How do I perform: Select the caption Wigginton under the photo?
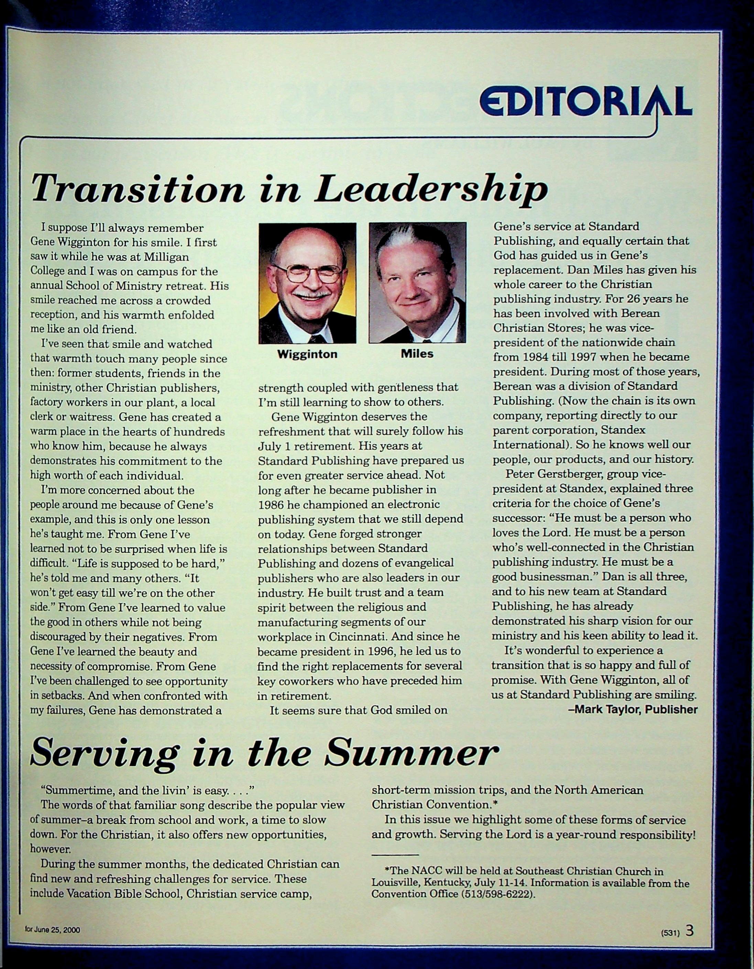[x=307, y=354]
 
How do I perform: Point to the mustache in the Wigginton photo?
[x=312, y=294]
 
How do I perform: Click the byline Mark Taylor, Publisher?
[x=633, y=709]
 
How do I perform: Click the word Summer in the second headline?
[x=413, y=753]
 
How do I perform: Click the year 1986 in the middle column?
[x=271, y=504]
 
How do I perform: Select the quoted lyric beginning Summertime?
[x=147, y=790]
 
